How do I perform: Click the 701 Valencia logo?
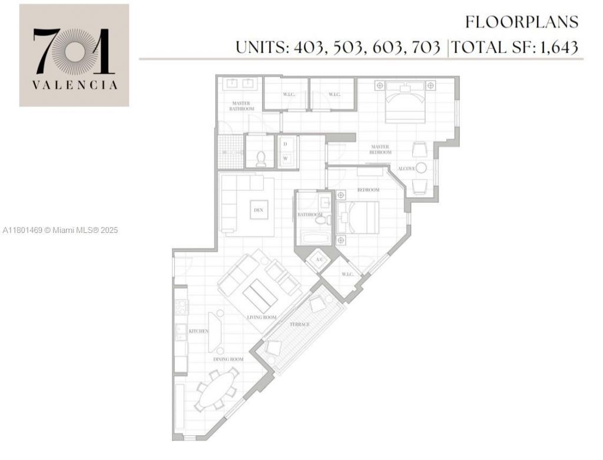(74, 55)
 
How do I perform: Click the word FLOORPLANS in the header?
(522, 22)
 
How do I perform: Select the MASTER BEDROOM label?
(381, 149)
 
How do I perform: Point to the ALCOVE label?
(406, 169)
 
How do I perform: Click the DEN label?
(258, 210)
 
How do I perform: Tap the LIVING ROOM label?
(261, 318)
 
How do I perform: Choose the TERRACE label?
(300, 324)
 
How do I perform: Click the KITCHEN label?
(198, 331)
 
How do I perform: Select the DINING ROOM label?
(228, 359)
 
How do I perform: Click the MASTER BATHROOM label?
(242, 106)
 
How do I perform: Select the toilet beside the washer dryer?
(261, 157)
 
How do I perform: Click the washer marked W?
(286, 158)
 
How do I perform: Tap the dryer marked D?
(286, 144)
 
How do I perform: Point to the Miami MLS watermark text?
(60, 230)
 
